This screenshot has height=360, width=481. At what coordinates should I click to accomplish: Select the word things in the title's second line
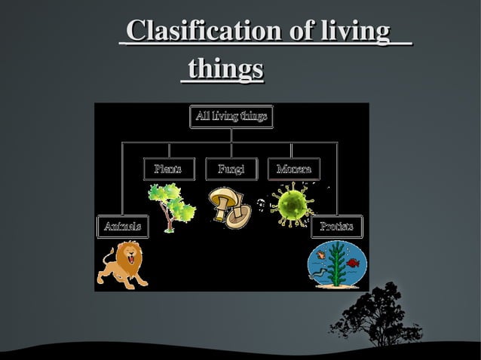225,69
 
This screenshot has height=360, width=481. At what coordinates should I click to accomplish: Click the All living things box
231,116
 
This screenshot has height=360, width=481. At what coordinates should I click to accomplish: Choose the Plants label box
168,169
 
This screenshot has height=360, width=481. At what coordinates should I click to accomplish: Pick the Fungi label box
231,169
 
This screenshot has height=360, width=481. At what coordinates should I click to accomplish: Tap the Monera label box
293,169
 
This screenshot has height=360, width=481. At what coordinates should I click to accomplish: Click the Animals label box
122,226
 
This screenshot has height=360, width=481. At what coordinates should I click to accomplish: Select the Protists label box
337,226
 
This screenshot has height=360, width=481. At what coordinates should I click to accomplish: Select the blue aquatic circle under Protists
337,264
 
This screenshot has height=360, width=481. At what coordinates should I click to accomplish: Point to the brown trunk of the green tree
168,219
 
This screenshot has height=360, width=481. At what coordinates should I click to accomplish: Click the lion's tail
102,265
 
